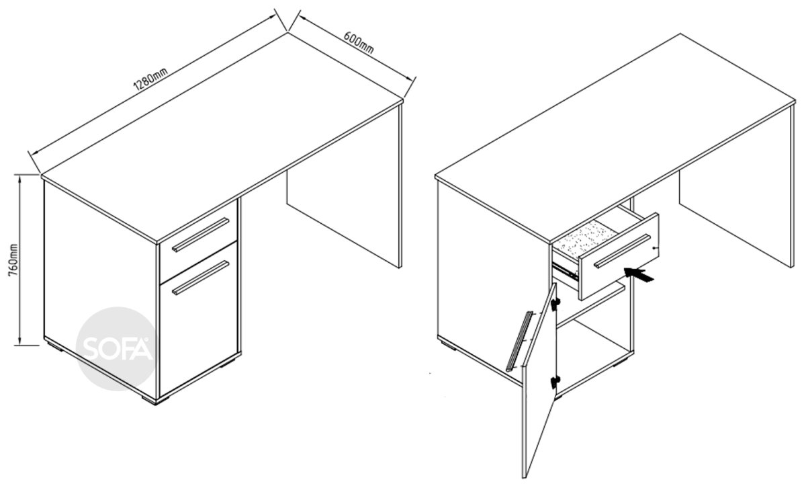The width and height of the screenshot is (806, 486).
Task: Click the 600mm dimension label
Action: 359,43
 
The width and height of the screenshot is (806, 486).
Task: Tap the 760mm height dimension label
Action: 13,260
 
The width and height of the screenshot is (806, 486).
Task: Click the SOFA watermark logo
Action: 117,348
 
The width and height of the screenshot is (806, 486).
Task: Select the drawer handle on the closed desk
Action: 200,235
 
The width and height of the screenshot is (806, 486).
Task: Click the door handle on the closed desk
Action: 200,278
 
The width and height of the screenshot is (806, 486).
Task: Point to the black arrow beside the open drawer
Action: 639,275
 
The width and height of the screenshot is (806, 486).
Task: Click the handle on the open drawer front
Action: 622,251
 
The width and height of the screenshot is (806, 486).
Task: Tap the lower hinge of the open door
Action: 555,382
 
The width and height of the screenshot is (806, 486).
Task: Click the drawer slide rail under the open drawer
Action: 565,271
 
